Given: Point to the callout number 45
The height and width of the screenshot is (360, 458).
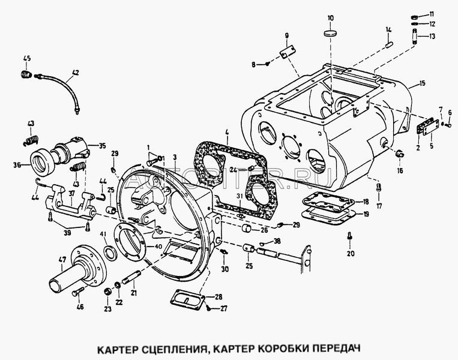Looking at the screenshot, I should (x=26, y=58).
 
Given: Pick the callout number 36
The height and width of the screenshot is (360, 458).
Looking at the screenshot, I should (x=17, y=166).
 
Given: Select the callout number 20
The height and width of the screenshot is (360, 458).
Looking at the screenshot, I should (x=351, y=253).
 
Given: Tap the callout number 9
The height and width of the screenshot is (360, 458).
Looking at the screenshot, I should (x=286, y=35).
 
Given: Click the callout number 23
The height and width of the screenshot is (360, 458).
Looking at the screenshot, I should (x=107, y=310).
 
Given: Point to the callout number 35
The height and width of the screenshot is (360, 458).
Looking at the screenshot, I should (x=101, y=145).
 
